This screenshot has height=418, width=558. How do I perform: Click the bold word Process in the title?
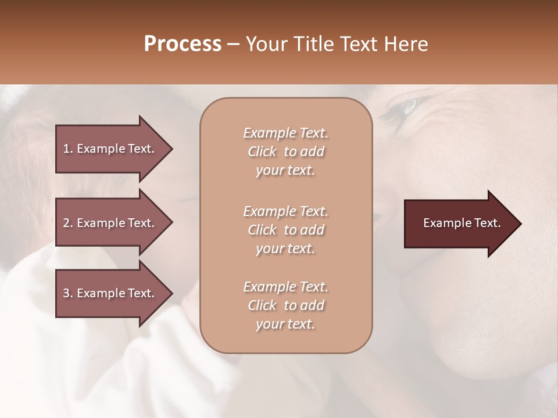coord(183,44)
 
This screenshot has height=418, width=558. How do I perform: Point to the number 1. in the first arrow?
coord(68,149)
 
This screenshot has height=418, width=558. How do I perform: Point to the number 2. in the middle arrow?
coord(68,223)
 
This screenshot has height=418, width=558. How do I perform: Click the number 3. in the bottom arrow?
coord(68,293)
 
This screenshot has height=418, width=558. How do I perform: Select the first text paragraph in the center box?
coord(285,152)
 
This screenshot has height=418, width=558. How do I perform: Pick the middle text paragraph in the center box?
coord(285,229)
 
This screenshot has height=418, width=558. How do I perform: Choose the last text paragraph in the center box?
coord(285,305)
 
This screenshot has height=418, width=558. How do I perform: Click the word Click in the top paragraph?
coord(262,152)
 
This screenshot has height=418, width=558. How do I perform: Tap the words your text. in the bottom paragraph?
coord(285,324)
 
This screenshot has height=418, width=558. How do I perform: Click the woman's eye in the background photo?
coord(407,106)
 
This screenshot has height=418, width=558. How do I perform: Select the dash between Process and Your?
coord(234,44)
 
